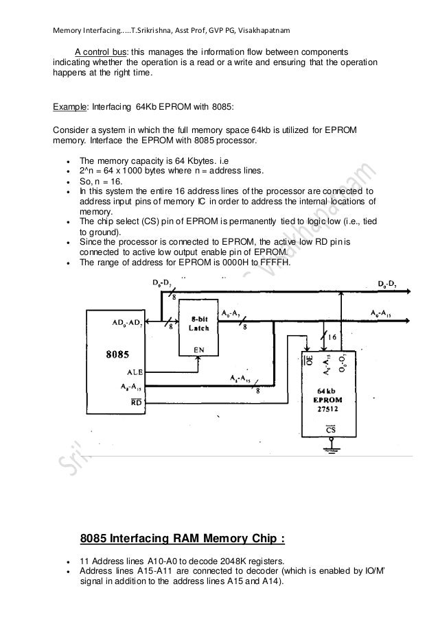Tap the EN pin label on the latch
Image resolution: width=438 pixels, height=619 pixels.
198,348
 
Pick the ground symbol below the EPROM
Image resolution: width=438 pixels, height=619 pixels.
334,449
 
